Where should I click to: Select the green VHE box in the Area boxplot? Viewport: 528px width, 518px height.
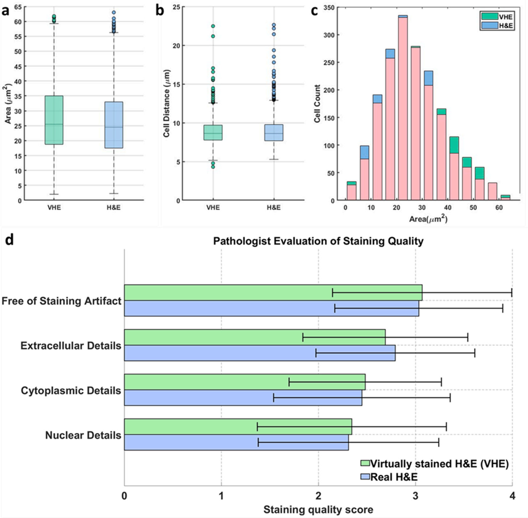coord(54,120)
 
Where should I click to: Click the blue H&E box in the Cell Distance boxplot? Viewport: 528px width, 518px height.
coord(274,132)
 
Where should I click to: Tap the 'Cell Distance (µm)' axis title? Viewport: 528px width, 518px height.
coord(166,103)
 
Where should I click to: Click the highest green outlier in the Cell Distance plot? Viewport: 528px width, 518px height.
coord(213,26)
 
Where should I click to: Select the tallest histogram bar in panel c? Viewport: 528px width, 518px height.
coord(403,109)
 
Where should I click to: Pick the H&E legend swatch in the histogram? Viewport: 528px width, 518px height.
coord(489,25)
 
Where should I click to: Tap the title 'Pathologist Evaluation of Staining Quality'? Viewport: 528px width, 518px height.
coord(318,241)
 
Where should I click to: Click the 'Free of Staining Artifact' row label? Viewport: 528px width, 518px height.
coord(62,301)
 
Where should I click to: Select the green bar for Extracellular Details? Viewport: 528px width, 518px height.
coord(255,337)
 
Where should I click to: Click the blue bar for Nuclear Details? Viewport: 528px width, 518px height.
coord(236,442)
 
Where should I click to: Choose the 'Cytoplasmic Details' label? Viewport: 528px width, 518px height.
coord(71,390)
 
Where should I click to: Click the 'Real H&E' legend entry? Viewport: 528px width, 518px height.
coord(394,477)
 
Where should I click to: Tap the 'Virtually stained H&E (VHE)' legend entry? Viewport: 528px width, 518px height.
coord(439,464)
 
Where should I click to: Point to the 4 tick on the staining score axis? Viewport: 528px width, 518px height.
coord(512,496)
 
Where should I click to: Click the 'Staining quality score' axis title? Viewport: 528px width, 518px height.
coord(318,509)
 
